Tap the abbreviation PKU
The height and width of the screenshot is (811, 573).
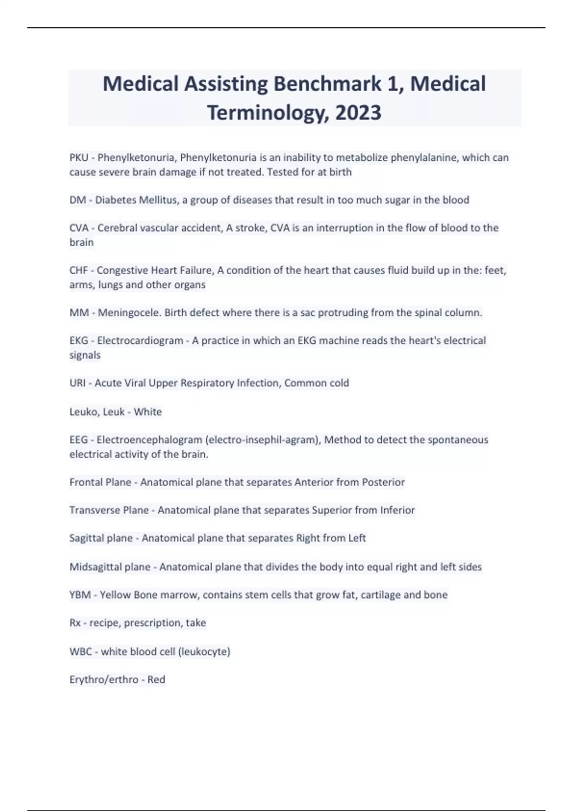click(x=79, y=157)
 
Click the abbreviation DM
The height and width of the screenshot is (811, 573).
click(x=77, y=200)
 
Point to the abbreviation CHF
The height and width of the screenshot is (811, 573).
click(x=78, y=270)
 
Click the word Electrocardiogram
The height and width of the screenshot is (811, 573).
click(x=140, y=341)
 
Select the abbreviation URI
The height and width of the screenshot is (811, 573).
click(x=77, y=383)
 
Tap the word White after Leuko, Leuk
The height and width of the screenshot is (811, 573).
click(x=148, y=412)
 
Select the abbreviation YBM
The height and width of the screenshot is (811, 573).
click(x=80, y=595)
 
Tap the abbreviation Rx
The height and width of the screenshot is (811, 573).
click(x=75, y=623)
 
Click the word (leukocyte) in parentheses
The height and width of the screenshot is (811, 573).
click(x=204, y=652)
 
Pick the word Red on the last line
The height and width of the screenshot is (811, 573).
click(x=156, y=680)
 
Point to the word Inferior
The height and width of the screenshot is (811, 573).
click(x=397, y=510)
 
